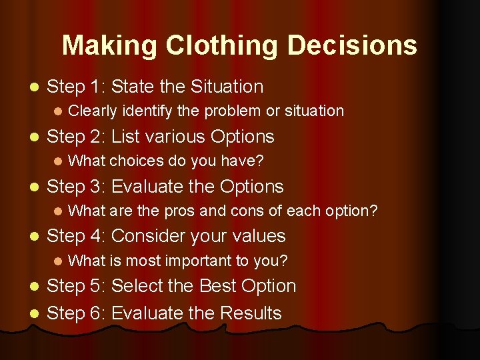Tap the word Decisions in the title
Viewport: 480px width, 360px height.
click(353, 45)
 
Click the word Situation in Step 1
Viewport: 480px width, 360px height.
click(227, 87)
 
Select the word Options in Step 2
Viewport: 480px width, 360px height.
click(242, 137)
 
